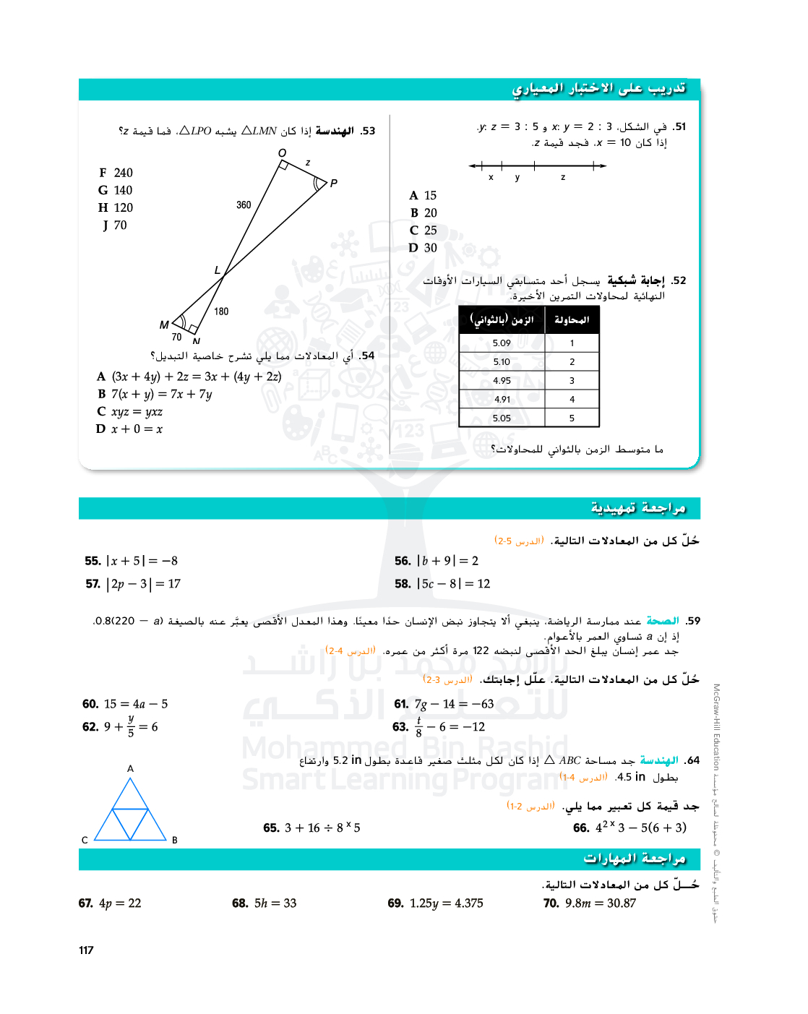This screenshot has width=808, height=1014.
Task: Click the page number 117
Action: pos(86,950)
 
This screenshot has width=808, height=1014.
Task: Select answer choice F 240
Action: pos(116,173)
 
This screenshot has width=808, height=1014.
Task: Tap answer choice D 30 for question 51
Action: pos(424,248)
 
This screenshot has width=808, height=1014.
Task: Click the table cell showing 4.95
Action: pos(502,381)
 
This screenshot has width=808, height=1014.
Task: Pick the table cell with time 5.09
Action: pos(502,343)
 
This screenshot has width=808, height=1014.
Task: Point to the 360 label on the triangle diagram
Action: pos(244,205)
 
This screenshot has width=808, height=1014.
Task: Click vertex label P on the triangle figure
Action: pos(333,184)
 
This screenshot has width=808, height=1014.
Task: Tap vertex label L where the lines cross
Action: pos(217,270)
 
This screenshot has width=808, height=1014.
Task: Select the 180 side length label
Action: pos(221,311)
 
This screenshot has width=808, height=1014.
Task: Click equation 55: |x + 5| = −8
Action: pos(132,561)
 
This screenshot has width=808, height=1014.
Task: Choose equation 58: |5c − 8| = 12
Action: pos(442,584)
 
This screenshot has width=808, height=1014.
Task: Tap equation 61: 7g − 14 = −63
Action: pos(444,704)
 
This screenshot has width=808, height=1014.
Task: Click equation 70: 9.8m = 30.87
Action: pos(590,903)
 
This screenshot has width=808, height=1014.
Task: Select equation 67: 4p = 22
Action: pos(110,903)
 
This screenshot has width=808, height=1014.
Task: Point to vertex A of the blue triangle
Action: pos(130,769)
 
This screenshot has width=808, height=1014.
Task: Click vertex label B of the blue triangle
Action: pos(175,840)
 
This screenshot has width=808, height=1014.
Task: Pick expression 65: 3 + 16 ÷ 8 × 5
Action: pos(312,828)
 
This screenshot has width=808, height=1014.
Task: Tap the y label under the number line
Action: pos(517,178)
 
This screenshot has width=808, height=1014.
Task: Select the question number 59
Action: pos(693,621)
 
